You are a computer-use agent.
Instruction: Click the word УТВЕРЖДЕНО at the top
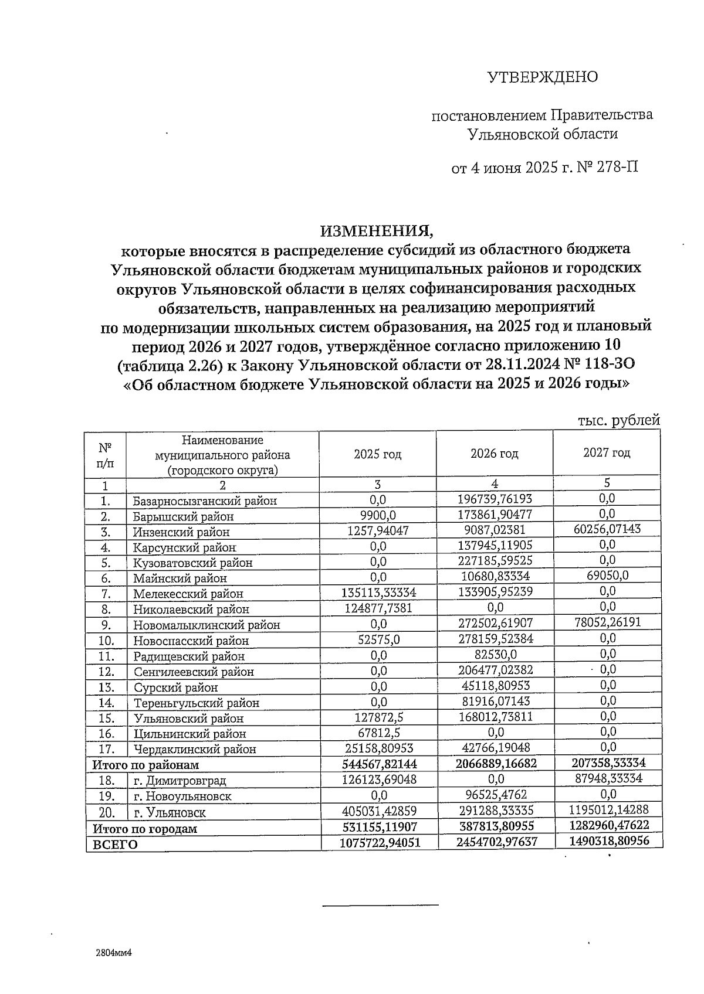[543, 77]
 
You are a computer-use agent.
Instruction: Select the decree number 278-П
[617, 168]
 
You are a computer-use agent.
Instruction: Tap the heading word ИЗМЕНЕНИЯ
[376, 230]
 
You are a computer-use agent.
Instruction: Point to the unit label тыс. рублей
[618, 420]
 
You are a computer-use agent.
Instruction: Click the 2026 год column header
[494, 454]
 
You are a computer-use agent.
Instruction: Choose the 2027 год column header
[607, 452]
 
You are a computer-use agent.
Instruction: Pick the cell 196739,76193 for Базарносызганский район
[495, 499]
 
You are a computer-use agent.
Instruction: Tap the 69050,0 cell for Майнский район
[608, 576]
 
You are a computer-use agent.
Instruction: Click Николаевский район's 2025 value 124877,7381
[378, 608]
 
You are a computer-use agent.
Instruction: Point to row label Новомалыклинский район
[207, 625]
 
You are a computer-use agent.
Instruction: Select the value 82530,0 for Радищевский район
[495, 654]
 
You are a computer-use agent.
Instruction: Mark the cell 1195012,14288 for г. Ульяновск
[608, 811]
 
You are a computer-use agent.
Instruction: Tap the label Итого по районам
[145, 765]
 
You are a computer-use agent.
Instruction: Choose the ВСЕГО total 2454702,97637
[495, 842]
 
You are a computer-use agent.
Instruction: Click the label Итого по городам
[144, 829]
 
